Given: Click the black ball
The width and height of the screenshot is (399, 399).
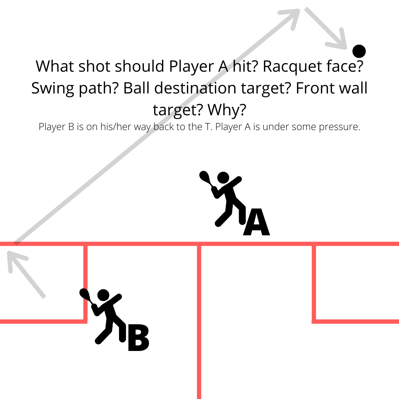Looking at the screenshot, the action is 359,51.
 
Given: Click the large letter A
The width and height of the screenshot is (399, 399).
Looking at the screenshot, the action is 256,222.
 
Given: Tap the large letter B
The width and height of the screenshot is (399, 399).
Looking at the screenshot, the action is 138,338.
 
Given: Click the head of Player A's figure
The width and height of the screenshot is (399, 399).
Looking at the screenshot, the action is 223,178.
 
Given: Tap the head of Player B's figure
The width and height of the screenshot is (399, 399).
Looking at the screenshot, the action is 103,295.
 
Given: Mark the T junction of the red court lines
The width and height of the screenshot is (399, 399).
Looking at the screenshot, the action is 199,244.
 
